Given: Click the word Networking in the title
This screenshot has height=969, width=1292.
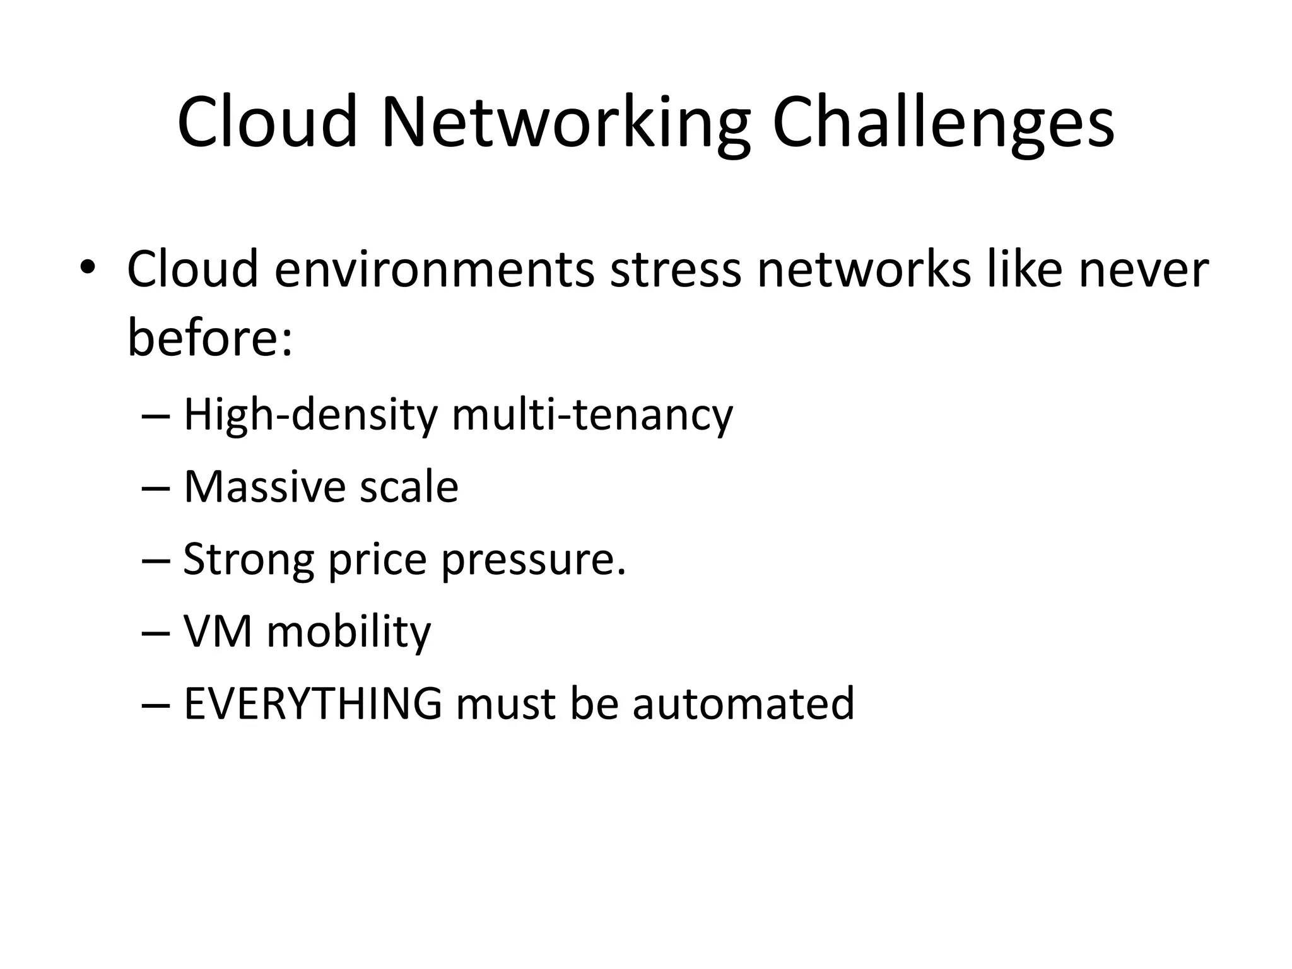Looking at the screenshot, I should coord(566,123).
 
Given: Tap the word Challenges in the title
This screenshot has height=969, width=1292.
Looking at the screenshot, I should coord(943,123).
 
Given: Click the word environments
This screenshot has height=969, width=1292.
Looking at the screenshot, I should coord(435,270).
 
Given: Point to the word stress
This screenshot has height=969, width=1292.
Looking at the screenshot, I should coord(675,270).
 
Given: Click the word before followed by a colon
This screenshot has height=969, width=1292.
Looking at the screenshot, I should coord(210,337).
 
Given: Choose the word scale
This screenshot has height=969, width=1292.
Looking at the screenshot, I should coord(409,487).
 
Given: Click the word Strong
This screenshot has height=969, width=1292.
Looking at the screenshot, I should coord(248,560).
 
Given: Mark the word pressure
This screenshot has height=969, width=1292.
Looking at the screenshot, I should coord(533,560).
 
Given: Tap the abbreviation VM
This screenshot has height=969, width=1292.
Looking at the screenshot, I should coord(218,631).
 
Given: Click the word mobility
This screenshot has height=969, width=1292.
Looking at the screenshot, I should coord(349,631).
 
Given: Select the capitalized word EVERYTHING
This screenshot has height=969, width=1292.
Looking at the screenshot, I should coord(313,703).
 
